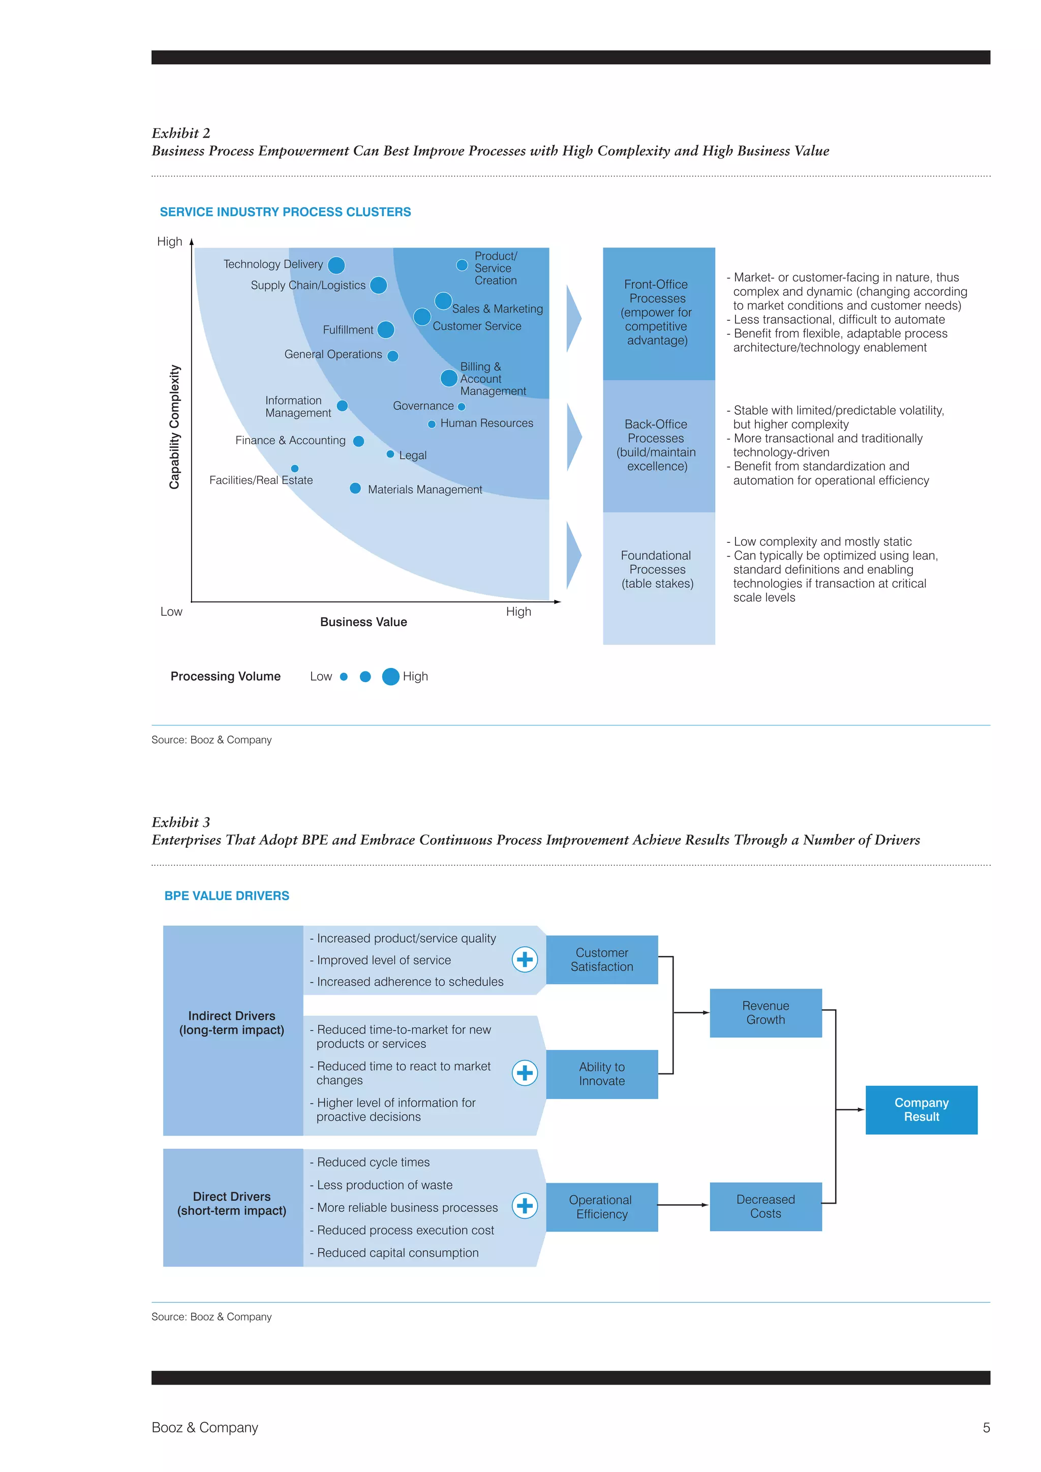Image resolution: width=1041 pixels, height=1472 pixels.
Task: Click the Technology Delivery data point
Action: tap(336, 265)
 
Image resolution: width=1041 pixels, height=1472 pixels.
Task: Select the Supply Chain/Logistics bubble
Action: tap(378, 285)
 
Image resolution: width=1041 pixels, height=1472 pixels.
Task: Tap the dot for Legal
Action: tap(390, 454)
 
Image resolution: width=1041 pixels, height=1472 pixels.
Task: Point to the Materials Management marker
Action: tap(355, 488)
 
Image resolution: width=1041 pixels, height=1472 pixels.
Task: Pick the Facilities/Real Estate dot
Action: tap(295, 469)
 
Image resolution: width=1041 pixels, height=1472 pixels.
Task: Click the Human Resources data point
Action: tap(432, 424)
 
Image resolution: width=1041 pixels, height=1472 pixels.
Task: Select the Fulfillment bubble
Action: tap(386, 329)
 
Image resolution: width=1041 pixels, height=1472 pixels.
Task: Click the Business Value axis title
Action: tap(363, 622)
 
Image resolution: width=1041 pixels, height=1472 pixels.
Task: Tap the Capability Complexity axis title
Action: tap(174, 427)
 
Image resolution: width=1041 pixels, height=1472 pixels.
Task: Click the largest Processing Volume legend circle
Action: tap(390, 677)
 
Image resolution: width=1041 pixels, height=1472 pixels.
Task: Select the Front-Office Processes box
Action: tap(658, 313)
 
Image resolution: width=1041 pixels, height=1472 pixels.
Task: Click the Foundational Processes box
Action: tap(658, 577)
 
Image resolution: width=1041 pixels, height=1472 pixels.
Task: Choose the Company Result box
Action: tap(921, 1110)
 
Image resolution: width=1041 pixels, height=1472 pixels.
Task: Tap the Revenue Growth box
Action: tap(766, 1013)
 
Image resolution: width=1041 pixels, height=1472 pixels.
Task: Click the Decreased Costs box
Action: tap(766, 1207)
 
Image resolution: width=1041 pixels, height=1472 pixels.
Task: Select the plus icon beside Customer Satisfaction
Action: tap(525, 959)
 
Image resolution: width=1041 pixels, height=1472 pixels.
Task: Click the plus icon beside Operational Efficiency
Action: tap(525, 1206)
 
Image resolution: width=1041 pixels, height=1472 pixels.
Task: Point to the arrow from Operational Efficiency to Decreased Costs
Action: tap(683, 1205)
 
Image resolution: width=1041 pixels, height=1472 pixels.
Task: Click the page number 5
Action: tap(986, 1428)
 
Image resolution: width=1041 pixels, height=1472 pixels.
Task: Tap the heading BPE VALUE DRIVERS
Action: tap(226, 896)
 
